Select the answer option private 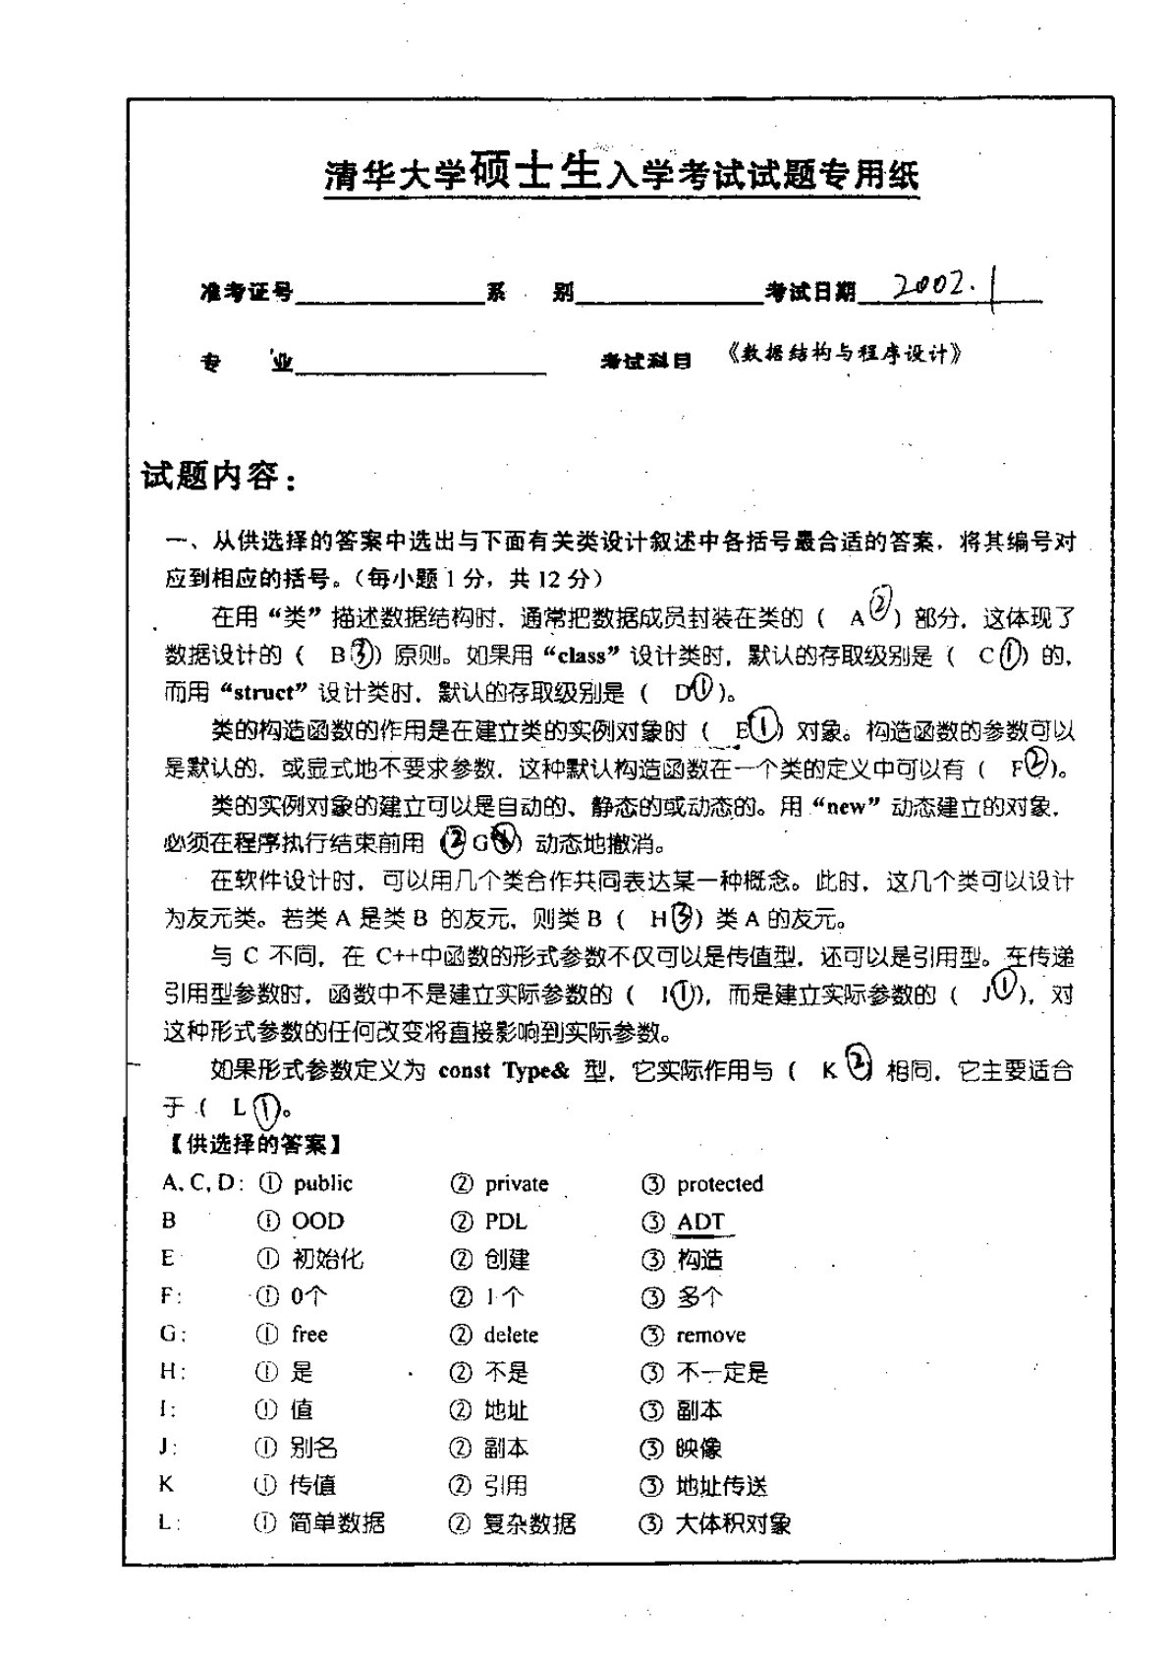(x=516, y=1183)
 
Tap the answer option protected (x=719, y=1183)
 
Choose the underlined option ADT (x=700, y=1222)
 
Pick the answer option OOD (x=317, y=1222)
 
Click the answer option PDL (x=506, y=1222)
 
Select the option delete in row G (x=511, y=1335)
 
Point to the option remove (x=710, y=1335)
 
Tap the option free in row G (x=309, y=1334)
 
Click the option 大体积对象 (x=733, y=1523)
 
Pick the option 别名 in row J (x=313, y=1448)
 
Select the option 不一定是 (x=722, y=1372)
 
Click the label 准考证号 (x=246, y=292)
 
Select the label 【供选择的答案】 (x=250, y=1144)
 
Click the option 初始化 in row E (x=327, y=1259)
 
